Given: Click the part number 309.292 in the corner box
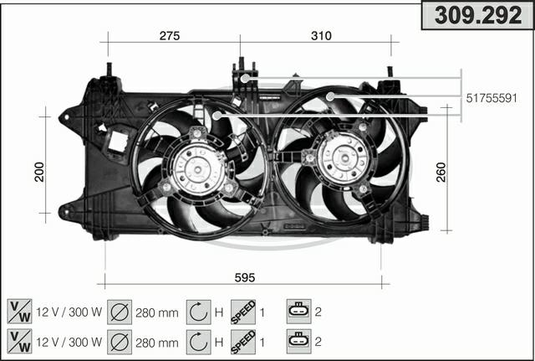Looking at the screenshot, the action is coord(478,15).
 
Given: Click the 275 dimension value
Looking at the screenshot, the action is coord(170,35).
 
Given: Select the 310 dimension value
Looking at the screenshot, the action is coord(321,35).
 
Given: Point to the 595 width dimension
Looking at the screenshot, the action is coord(245,277).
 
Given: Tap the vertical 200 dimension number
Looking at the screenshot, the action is coord(39,172).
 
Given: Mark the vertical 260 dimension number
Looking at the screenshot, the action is coord(441,172).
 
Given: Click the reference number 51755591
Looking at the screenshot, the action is coord(492,99).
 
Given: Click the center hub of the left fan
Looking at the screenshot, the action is coord(198,169).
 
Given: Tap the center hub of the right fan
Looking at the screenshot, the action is coord(343,158).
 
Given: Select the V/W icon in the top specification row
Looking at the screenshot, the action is coord(19,312).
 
